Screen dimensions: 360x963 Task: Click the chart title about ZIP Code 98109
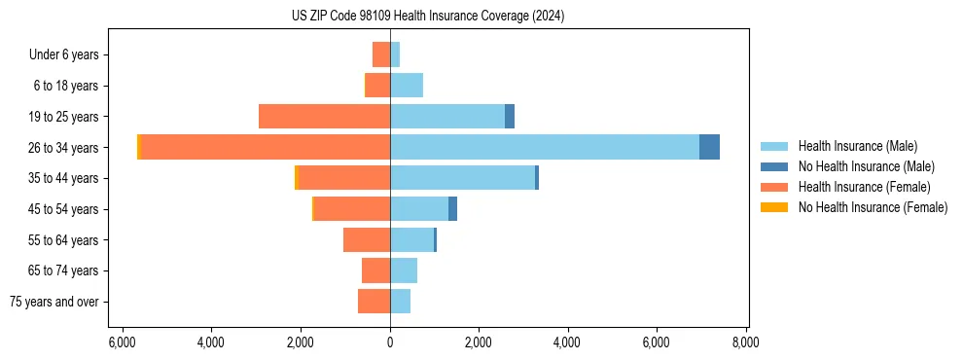click(x=428, y=17)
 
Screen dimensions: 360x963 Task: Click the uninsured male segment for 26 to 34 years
click(x=709, y=147)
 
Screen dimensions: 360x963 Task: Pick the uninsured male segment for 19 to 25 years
click(x=510, y=117)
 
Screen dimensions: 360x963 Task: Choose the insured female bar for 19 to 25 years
click(x=324, y=117)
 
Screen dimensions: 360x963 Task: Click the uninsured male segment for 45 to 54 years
click(x=452, y=208)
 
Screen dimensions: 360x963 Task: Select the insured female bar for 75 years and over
click(x=374, y=302)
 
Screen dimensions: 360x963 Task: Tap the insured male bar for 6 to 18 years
click(x=407, y=86)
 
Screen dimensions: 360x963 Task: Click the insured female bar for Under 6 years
click(x=381, y=54)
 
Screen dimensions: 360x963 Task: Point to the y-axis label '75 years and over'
click(x=54, y=302)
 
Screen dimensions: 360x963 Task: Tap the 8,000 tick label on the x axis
click(x=746, y=342)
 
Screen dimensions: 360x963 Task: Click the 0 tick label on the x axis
click(x=390, y=342)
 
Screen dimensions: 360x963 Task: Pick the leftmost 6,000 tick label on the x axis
click(x=122, y=342)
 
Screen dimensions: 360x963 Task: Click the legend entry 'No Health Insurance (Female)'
click(x=873, y=207)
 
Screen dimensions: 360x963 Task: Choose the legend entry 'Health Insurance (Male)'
click(x=858, y=146)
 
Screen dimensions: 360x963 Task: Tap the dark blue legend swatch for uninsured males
click(x=774, y=166)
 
